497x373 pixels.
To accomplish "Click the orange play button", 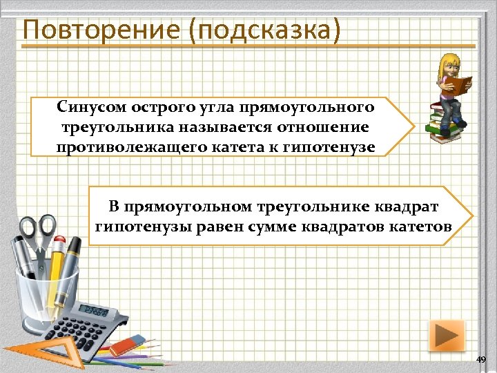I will tap(446, 336).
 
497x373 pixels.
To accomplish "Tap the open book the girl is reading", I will tap(458, 84).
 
